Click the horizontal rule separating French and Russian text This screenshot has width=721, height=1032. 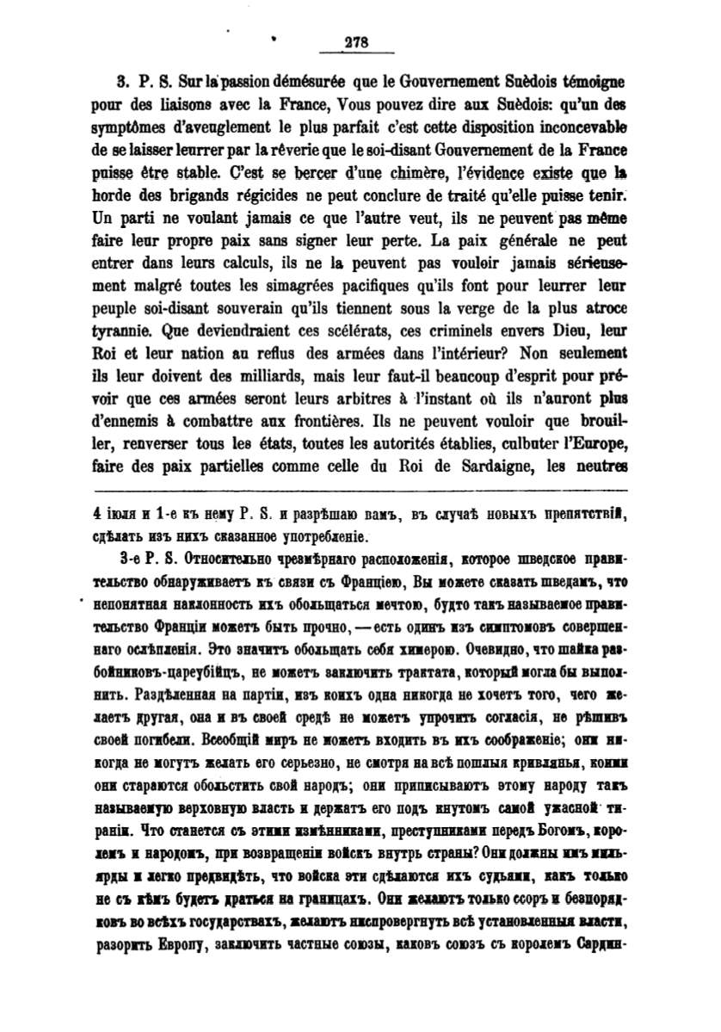coord(360,491)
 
